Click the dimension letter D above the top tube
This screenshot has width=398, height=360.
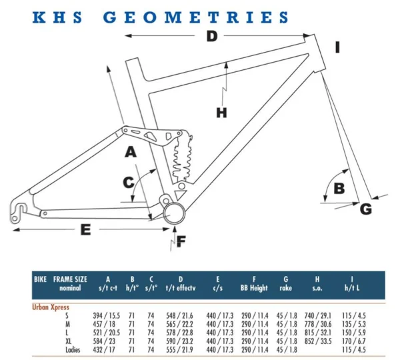212,36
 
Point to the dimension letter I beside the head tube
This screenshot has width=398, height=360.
337,47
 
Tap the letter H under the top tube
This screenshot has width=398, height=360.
221,113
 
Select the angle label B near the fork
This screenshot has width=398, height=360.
339,189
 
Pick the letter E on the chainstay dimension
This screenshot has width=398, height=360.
85,230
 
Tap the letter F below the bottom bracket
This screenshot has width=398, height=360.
181,241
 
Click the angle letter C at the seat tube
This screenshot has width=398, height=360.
129,182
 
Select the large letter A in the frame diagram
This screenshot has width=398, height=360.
131,152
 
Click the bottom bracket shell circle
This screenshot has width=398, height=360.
175,213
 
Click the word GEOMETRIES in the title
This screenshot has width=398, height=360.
196,17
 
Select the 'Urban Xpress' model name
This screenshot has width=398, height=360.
51,307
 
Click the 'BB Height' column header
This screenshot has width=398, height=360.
254,288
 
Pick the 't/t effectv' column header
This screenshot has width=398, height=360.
181,288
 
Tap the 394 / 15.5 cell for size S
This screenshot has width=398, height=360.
107,315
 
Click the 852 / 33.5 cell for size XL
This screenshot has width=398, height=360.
318,341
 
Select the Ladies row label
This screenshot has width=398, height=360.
73,350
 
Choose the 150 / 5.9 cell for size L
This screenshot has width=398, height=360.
354,333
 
